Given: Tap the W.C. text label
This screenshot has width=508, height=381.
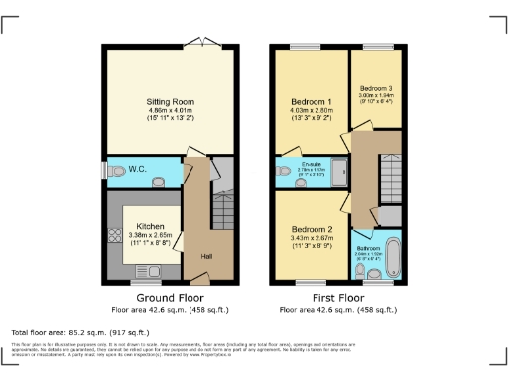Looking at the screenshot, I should pyautogui.click(x=138, y=169).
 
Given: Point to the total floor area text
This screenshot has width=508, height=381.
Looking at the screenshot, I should pyautogui.click(x=79, y=331).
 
